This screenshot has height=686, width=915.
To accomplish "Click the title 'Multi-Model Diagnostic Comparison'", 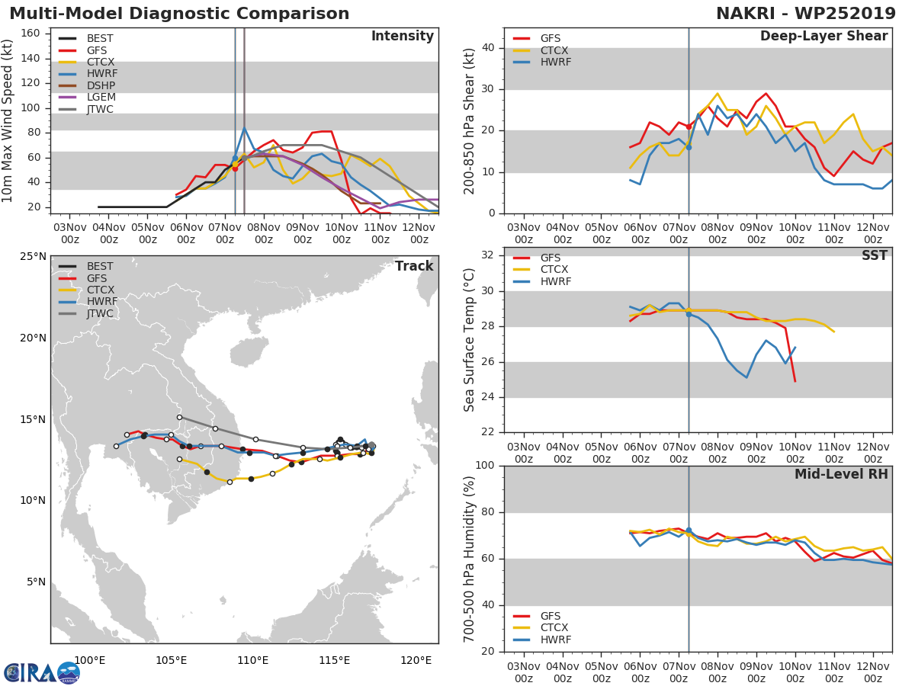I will (x=179, y=14).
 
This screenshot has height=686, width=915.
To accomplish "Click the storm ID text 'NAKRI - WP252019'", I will (x=806, y=14).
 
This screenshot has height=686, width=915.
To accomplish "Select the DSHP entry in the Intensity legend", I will (x=100, y=85).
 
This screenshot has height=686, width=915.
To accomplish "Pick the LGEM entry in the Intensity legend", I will (x=100, y=98).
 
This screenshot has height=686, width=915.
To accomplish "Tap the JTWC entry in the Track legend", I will (x=100, y=314).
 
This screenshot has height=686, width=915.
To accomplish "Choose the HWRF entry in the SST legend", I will (x=555, y=282).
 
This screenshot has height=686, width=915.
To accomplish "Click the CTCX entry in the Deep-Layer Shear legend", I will (x=555, y=50).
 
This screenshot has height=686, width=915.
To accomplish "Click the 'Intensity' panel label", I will (x=402, y=37).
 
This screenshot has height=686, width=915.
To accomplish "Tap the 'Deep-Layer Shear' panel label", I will (x=823, y=37).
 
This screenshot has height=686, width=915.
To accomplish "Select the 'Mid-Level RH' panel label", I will (x=841, y=475).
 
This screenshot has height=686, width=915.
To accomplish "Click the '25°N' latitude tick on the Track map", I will (x=33, y=256).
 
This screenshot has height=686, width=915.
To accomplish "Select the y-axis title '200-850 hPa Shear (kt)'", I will (x=470, y=120).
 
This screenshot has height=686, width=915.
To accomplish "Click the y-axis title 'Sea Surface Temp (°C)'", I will (x=470, y=339).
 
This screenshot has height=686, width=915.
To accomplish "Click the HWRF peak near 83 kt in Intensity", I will (x=245, y=128).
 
